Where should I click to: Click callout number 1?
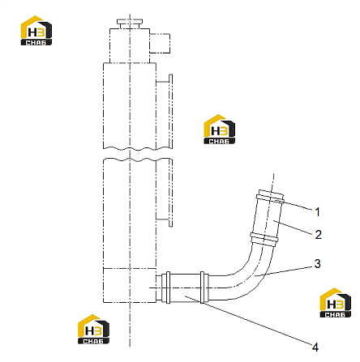coord(318,212)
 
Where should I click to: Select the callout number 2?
coord(319,235)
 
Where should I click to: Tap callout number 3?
coord(318,264)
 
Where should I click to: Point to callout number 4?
coord(315,347)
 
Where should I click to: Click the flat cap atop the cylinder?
coord(130,22)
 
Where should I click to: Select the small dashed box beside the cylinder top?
coord(160,43)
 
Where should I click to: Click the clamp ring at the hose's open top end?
coord(271,196)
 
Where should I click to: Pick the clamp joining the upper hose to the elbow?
coord(264,239)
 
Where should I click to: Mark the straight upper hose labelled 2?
coord(268,217)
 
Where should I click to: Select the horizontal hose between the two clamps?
coord(185,287)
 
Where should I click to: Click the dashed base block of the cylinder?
coord(130,285)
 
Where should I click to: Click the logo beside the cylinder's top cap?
coord(36,30)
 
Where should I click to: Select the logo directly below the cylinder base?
coord(93,329)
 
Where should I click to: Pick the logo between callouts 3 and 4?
coord(336,303)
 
